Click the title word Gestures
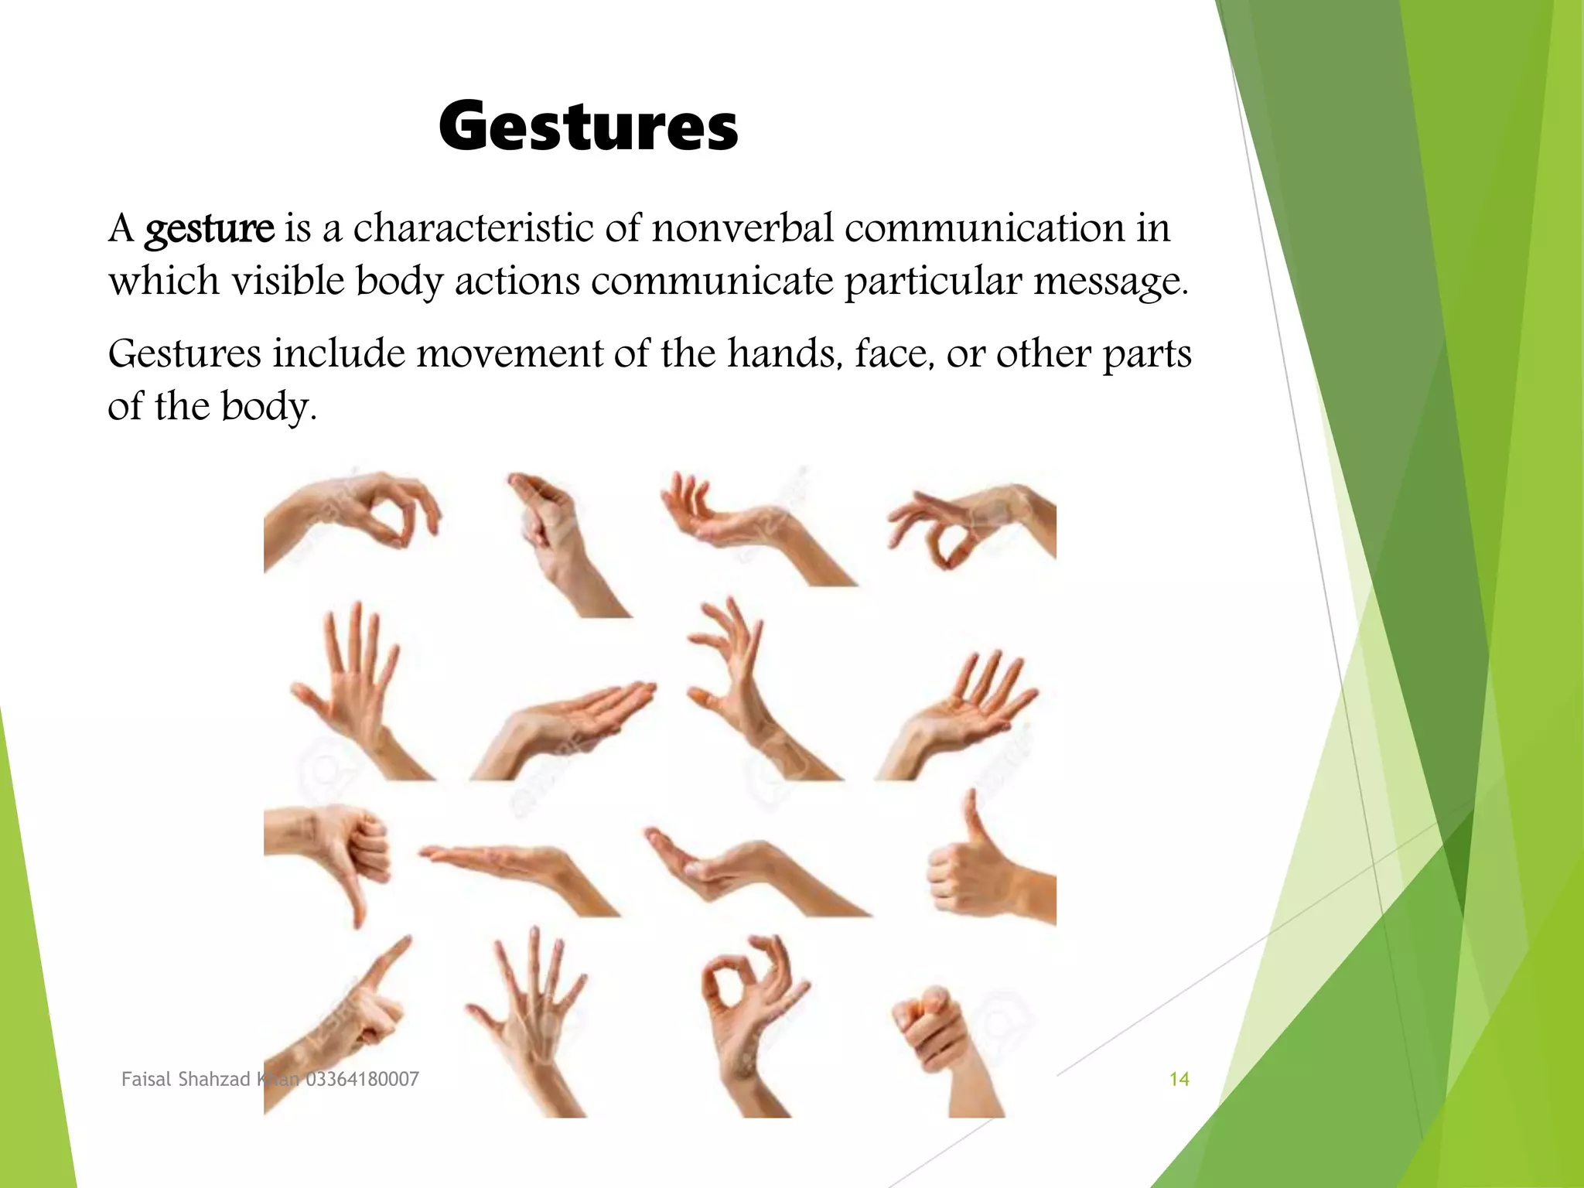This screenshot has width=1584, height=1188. (x=588, y=127)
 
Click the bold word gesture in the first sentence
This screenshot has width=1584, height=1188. (x=210, y=230)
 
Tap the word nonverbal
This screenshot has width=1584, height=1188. (x=742, y=228)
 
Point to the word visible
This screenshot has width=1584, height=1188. (x=288, y=280)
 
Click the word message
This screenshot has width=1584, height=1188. (x=1111, y=282)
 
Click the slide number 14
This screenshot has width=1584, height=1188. (x=1179, y=1080)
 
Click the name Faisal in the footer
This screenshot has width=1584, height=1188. (x=147, y=1080)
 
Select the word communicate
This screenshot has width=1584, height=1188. (x=712, y=281)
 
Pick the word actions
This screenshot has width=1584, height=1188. (x=517, y=281)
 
